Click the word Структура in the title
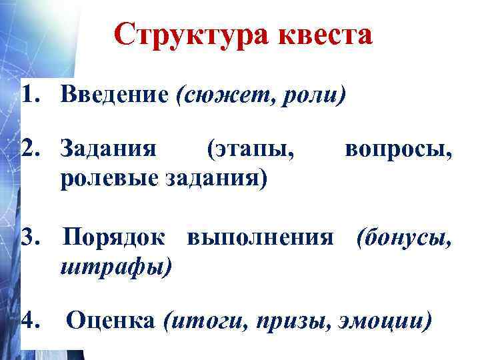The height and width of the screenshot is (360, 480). click(178, 35)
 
